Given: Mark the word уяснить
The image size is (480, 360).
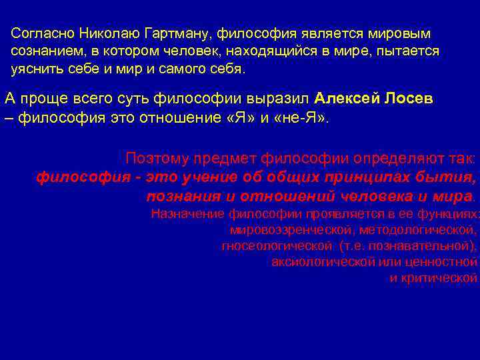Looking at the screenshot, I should pos(37,69).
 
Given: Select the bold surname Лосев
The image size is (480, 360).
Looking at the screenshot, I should pos(409,99).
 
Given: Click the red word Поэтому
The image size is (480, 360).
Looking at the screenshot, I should pos(157,158).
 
